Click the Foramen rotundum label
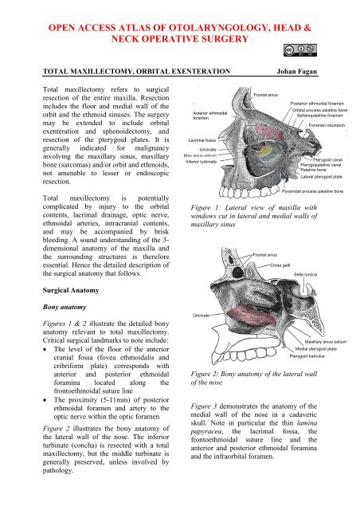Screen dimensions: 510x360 pos(327,125)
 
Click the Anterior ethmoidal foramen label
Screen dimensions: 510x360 pos(211,116)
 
